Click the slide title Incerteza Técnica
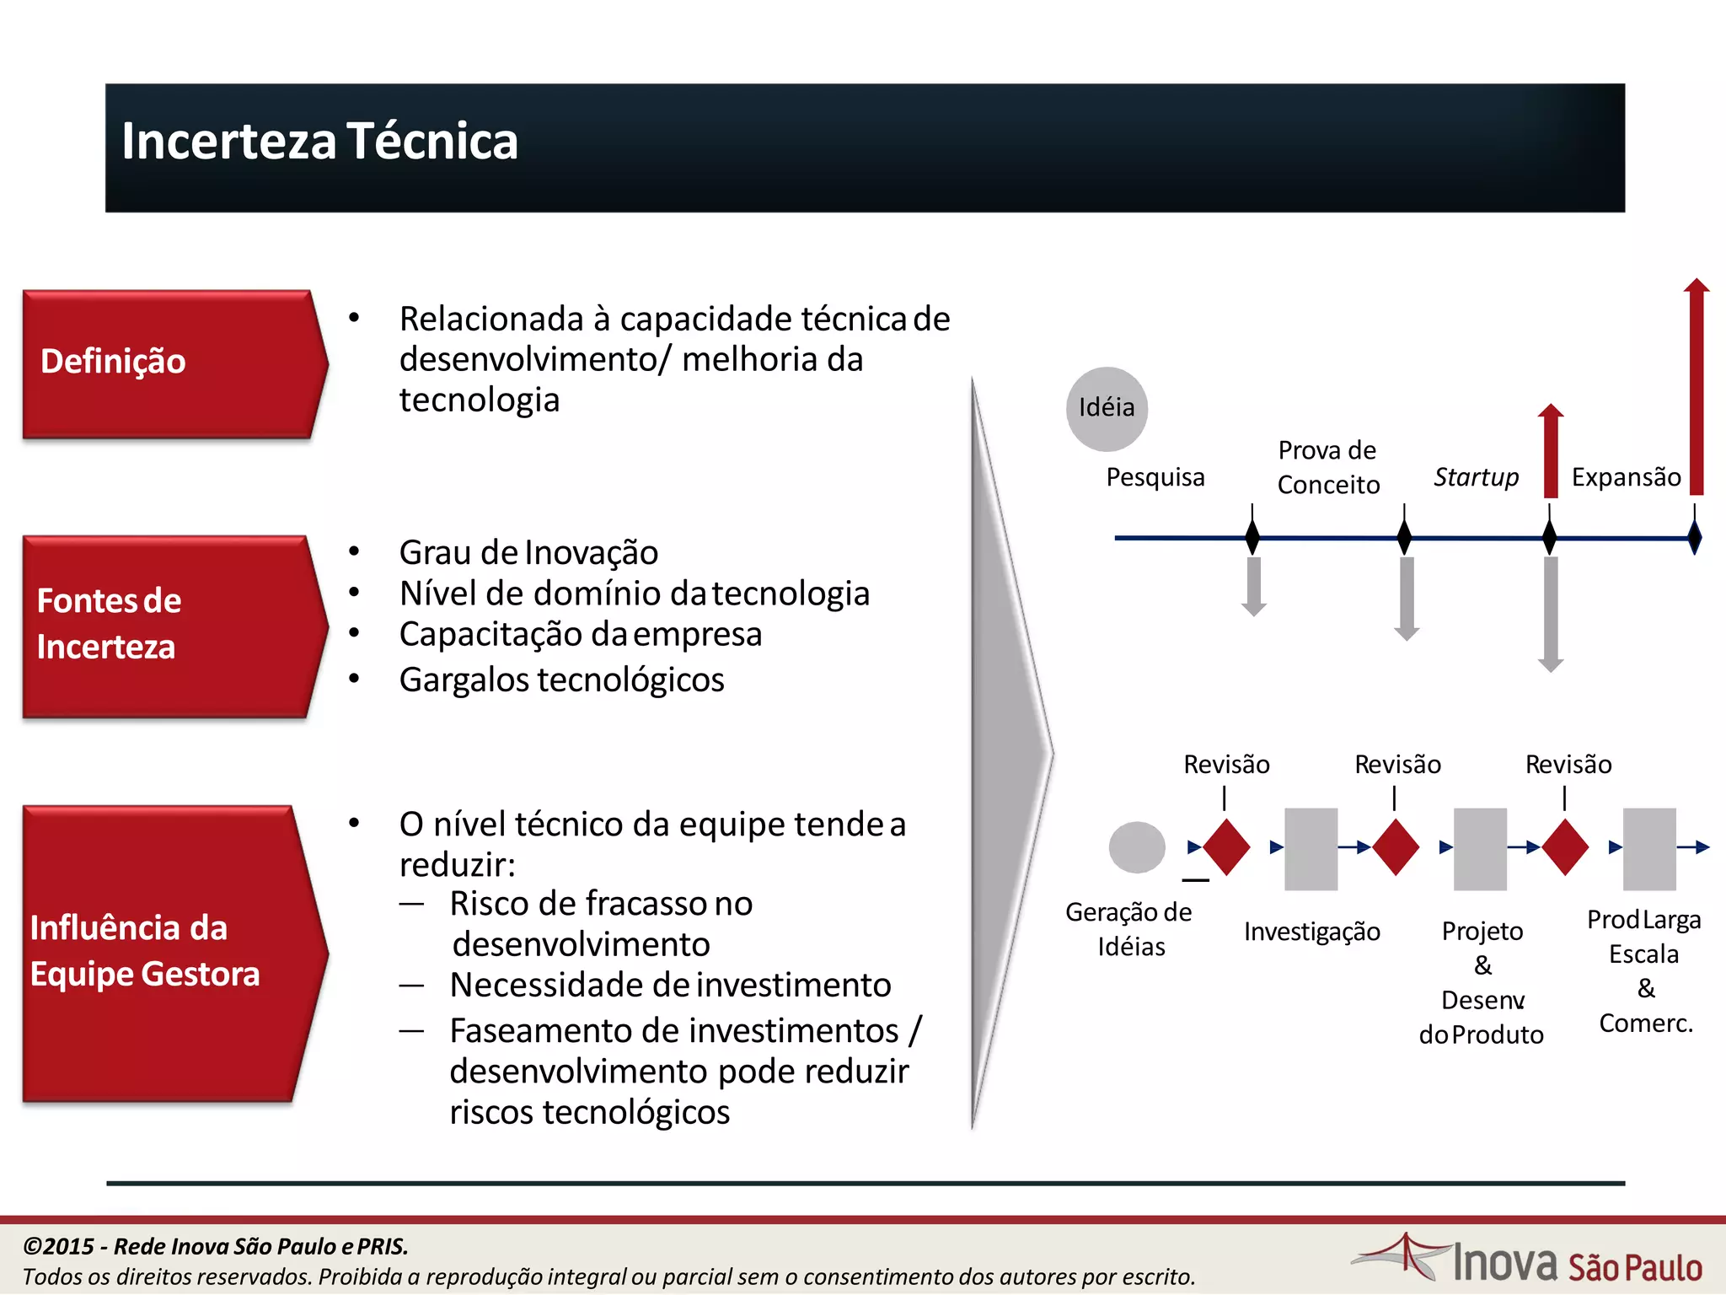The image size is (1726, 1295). [319, 141]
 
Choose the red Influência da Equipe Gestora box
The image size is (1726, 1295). [169, 953]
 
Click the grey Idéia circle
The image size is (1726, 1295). [1107, 409]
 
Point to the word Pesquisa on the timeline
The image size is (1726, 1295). [1155, 477]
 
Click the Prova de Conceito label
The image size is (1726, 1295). [1328, 467]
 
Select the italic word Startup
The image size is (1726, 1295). [1476, 477]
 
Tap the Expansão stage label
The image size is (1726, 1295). [1626, 477]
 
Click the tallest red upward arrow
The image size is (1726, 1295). [1697, 388]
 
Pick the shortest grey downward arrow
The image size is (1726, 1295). [1254, 586]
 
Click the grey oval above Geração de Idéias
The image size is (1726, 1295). [1137, 847]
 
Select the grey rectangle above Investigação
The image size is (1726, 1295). [1311, 849]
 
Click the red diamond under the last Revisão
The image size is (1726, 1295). [1565, 847]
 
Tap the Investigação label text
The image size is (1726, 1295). [1311, 932]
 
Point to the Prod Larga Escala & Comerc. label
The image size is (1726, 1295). [1644, 970]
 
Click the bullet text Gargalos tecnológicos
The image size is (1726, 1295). [561, 680]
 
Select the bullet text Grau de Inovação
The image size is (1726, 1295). [528, 553]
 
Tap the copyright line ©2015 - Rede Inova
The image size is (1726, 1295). [216, 1246]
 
